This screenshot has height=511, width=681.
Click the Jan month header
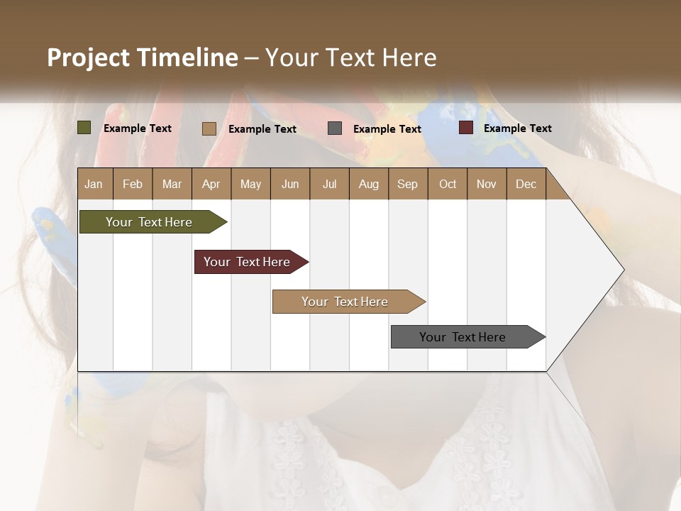tap(94, 184)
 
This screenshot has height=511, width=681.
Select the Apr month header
tap(211, 184)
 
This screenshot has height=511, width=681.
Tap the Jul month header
tap(329, 184)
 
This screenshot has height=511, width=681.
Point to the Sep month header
tap(407, 184)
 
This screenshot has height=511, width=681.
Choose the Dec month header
tap(526, 184)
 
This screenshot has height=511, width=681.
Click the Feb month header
tap(133, 184)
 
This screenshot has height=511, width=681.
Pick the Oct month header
tap(448, 184)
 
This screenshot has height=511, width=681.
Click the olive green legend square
tap(84, 128)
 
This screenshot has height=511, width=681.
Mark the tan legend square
tap(209, 128)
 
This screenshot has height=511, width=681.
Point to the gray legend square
tap(335, 128)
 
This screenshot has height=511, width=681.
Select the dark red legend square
tap(466, 128)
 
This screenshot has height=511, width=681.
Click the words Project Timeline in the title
tap(142, 57)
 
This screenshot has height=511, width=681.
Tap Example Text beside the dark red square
tap(517, 128)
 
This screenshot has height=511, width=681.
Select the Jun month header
tap(290, 184)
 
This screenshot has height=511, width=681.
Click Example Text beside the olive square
tap(138, 128)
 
